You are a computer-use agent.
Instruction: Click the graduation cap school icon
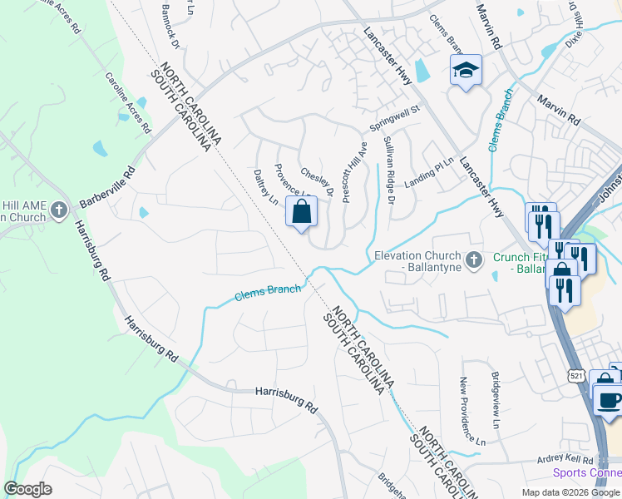click(466, 70)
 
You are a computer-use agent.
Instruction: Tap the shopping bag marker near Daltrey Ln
click(301, 211)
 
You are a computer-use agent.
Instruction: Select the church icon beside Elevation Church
click(474, 261)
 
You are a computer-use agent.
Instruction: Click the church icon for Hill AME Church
click(58, 210)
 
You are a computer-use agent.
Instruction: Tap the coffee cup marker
click(608, 398)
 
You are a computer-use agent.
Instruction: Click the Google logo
click(27, 489)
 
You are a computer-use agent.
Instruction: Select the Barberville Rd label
click(107, 190)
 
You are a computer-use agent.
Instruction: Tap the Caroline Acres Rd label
click(127, 103)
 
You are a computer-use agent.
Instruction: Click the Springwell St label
click(396, 120)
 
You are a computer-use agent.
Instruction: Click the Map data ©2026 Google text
click(570, 492)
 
